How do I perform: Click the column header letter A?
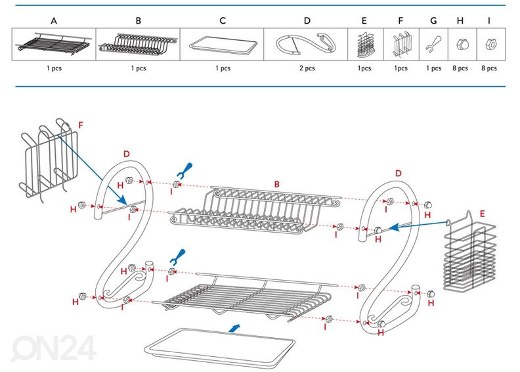[x=54, y=20]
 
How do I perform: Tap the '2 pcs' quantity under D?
[x=307, y=68]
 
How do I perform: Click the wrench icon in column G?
[x=433, y=45]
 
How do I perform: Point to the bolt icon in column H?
[x=462, y=45]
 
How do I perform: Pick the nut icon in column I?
[x=488, y=45]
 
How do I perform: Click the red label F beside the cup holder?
[x=80, y=124]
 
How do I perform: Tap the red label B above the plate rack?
[x=276, y=185]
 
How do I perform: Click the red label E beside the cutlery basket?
[x=482, y=214]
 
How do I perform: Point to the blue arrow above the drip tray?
[x=234, y=326]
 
